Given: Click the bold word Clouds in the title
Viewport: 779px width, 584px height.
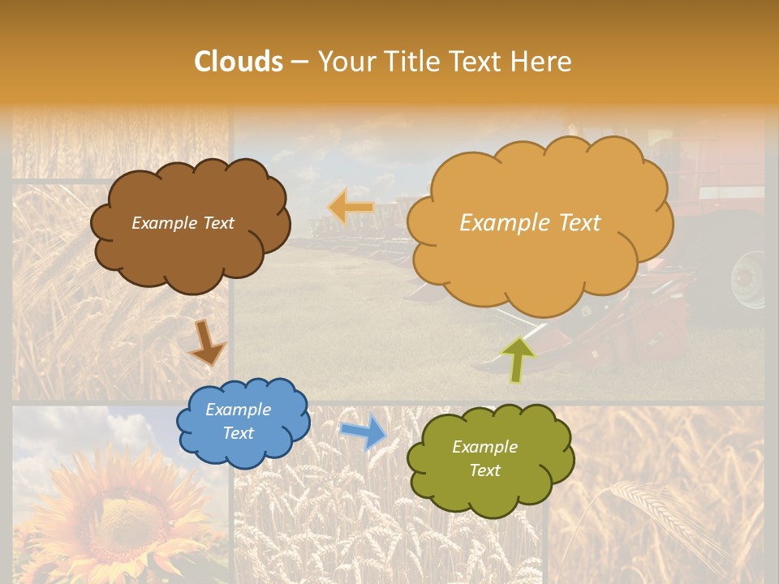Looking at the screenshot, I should tap(239, 62).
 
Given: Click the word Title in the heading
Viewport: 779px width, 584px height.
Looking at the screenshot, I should tap(413, 62).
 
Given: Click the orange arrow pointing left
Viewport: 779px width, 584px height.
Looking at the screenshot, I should tap(351, 207).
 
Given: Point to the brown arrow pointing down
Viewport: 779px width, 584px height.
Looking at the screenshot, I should tap(207, 342).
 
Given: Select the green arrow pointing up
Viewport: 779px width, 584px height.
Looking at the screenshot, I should tap(518, 359).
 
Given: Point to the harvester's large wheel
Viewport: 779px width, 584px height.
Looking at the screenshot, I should tap(748, 280).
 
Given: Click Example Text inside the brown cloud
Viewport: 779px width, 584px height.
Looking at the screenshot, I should tap(183, 223).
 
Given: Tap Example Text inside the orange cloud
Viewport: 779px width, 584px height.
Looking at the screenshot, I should tap(530, 222).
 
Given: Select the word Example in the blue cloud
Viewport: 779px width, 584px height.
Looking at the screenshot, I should tap(238, 410).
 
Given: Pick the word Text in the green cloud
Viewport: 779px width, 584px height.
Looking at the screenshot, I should tap(484, 470).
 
